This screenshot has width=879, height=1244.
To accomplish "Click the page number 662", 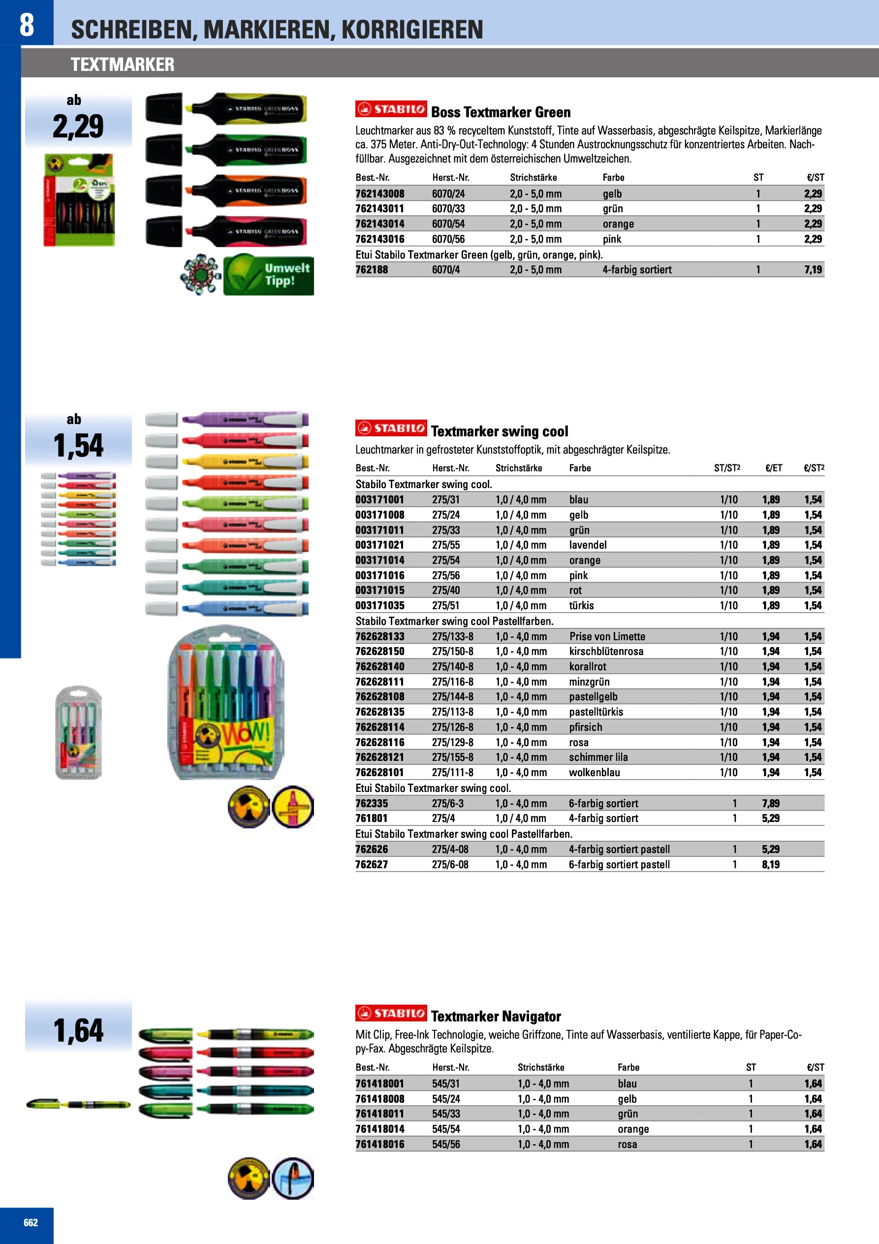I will click(31, 1222).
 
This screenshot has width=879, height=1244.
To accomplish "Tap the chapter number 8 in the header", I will click(27, 25).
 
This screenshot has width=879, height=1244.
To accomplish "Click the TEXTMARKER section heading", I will click(123, 65).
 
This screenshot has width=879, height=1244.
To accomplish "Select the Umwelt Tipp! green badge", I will click(269, 275).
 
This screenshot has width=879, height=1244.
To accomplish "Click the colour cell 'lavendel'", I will click(588, 545).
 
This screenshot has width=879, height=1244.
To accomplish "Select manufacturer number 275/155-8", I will click(452, 757).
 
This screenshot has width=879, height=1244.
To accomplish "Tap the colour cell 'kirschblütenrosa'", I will click(606, 651).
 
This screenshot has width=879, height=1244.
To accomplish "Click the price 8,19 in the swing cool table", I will click(771, 865).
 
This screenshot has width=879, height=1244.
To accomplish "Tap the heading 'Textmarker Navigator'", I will click(496, 1016).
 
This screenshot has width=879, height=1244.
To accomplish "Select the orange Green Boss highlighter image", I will click(226, 191).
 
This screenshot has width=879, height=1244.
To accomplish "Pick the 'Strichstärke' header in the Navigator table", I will click(540, 1067).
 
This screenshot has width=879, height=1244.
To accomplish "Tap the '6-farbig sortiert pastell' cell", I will click(619, 865).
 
